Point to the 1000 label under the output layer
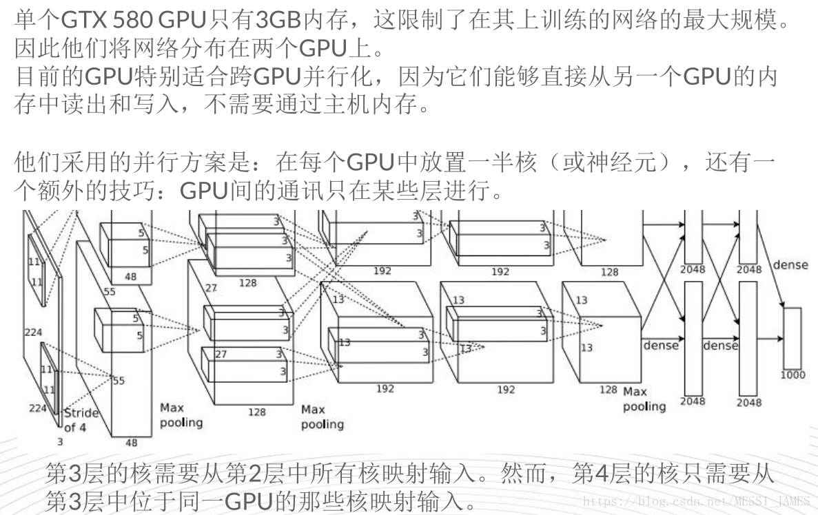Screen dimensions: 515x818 (x=793, y=375)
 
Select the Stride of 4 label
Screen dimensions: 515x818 (x=81, y=419)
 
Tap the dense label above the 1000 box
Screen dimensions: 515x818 (x=790, y=265)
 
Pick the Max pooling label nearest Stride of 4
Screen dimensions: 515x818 (x=181, y=414)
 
